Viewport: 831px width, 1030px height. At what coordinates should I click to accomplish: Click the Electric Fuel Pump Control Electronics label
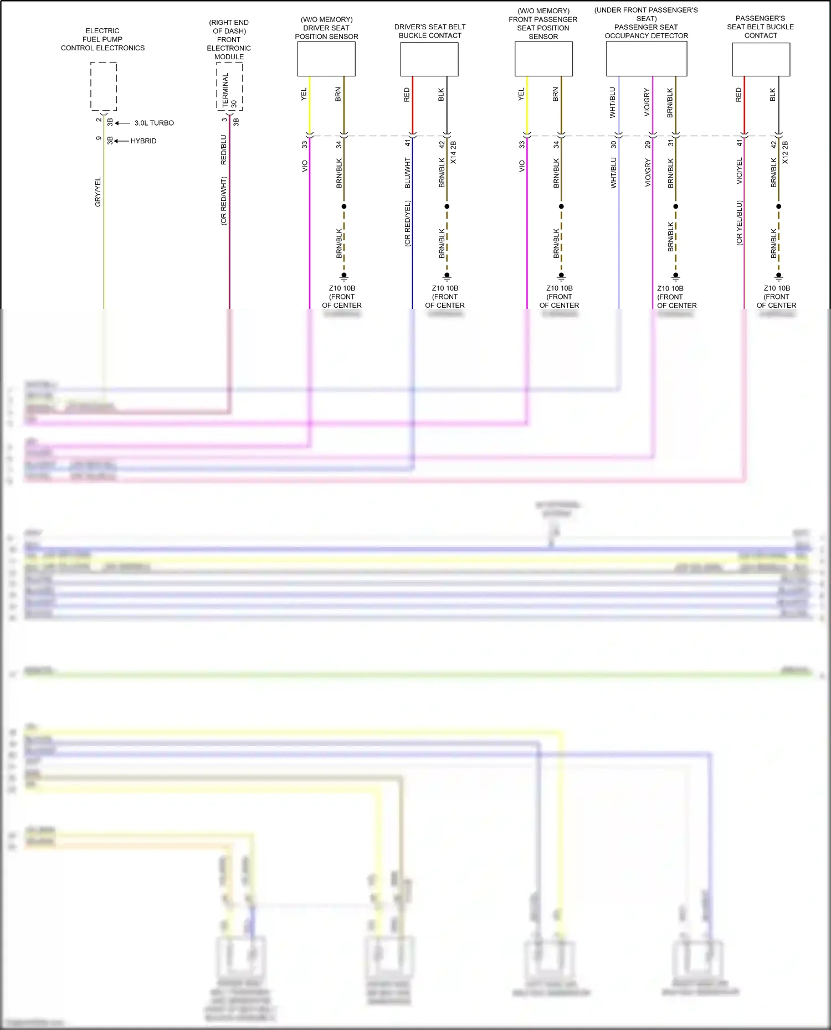coord(102,39)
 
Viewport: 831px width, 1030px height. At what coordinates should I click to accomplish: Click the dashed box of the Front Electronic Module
coord(229,86)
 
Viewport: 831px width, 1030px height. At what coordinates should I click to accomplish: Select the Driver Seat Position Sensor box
coord(326,59)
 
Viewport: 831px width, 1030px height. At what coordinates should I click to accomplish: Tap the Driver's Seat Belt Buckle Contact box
coord(429,59)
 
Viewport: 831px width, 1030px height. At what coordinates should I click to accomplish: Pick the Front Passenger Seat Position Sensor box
coord(543,59)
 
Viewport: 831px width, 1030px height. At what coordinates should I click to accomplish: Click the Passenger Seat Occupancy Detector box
coord(647,59)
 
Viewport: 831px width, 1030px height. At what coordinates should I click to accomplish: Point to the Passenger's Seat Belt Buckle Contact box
coord(761,59)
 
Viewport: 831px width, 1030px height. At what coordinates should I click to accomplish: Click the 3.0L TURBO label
coord(154,123)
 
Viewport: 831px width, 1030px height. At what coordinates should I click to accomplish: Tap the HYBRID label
coord(143,141)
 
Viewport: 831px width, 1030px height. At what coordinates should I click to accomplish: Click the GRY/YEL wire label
coord(98,192)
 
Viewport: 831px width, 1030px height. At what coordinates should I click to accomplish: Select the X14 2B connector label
coord(453,152)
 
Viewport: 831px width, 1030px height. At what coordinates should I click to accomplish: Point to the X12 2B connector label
coord(785,152)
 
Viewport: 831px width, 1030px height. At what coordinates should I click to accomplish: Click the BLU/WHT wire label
coord(408,173)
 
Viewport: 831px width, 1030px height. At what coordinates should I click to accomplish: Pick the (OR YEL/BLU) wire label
coord(739,223)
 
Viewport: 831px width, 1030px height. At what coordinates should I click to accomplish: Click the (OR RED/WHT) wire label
coord(224,201)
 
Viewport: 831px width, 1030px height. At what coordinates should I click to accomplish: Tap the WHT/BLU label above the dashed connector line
coord(613,102)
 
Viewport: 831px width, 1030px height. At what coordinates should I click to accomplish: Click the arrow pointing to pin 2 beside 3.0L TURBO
coord(122,123)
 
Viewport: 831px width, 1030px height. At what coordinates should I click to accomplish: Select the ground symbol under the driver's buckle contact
coord(447,276)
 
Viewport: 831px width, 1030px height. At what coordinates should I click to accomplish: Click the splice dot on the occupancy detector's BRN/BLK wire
coord(675,206)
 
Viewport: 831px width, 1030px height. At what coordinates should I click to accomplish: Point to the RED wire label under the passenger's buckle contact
coord(738,95)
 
